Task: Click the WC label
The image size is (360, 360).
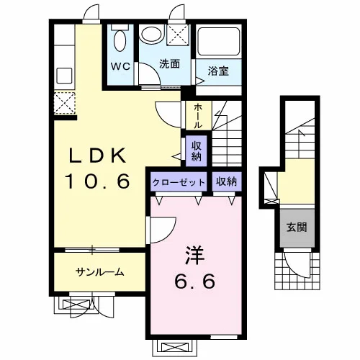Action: (x=120, y=66)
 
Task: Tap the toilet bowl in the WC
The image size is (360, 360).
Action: (x=120, y=40)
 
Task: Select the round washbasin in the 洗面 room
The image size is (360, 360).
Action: (x=152, y=34)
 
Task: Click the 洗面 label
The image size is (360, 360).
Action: (x=170, y=63)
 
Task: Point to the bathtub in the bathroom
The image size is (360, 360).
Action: (x=219, y=41)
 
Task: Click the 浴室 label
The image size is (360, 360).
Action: (x=218, y=71)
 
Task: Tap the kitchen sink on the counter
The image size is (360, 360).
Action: (x=64, y=76)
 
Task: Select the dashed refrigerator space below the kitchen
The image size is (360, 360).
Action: (x=65, y=103)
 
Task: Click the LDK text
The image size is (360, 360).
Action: (x=97, y=156)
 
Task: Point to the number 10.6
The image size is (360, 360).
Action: (x=99, y=181)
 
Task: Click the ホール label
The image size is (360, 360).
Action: (x=198, y=116)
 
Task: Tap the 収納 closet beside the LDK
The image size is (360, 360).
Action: (x=197, y=150)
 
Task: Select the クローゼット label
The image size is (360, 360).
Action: (x=179, y=182)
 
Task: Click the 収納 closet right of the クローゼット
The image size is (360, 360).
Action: (x=226, y=181)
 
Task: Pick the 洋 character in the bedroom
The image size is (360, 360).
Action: (x=194, y=256)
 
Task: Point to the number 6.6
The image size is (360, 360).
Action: (x=194, y=282)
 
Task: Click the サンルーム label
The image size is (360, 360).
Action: (x=100, y=272)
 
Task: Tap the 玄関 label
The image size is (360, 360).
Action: (x=297, y=227)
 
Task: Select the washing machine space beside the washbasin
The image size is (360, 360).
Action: (x=177, y=35)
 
